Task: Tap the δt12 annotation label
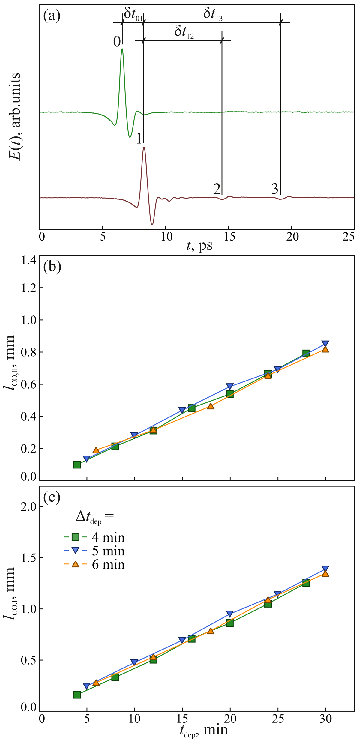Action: click(184, 32)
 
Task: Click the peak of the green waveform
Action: click(122, 49)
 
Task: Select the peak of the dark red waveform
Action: click(144, 147)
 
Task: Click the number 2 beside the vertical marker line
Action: click(217, 189)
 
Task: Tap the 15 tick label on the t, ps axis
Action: click(228, 237)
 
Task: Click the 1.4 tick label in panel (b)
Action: click(28, 261)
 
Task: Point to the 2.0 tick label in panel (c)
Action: click(28, 507)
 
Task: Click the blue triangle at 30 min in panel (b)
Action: click(325, 344)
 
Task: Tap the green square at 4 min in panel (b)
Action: click(77, 465)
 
